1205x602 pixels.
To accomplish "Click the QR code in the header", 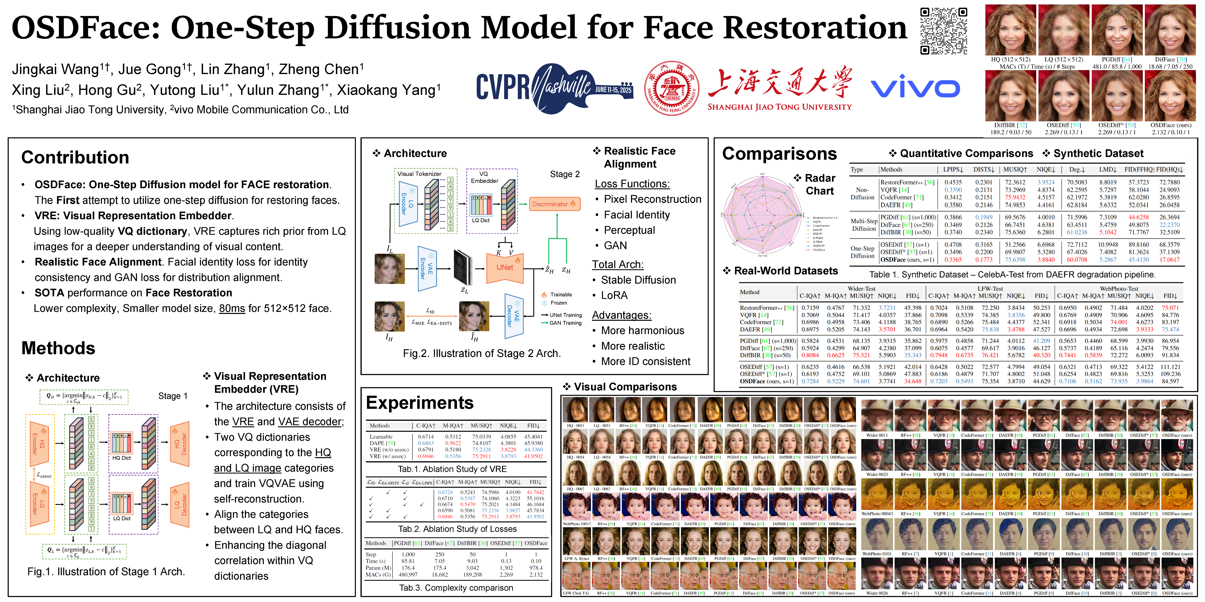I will coord(944,31).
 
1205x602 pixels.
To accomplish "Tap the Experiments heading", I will coord(420,402).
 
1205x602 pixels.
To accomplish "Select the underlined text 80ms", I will coord(232,309).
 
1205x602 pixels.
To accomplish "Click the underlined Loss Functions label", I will coord(632,184).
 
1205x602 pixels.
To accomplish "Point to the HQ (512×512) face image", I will coord(1010,30).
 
